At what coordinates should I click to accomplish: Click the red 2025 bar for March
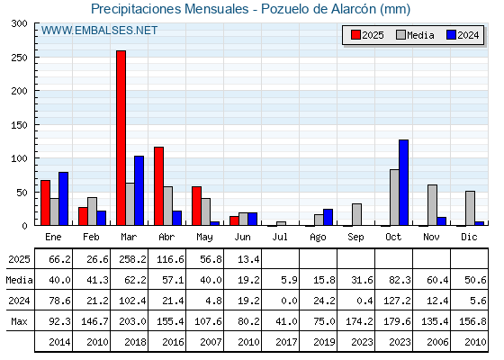(x=121, y=138)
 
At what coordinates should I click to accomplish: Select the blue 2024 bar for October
(x=404, y=183)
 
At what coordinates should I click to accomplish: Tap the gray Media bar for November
(x=432, y=205)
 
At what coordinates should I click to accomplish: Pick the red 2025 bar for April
(x=158, y=186)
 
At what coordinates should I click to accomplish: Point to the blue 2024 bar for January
(x=63, y=199)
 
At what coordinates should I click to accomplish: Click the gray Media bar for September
(x=356, y=214)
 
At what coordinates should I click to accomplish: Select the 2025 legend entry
(x=367, y=35)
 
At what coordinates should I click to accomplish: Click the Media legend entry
(x=415, y=35)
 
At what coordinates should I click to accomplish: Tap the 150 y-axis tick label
(x=19, y=125)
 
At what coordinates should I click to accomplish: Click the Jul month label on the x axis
(x=280, y=237)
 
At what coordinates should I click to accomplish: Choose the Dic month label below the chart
(x=469, y=237)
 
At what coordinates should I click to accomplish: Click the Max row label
(x=19, y=321)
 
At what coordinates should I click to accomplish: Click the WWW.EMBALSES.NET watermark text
(x=99, y=31)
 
